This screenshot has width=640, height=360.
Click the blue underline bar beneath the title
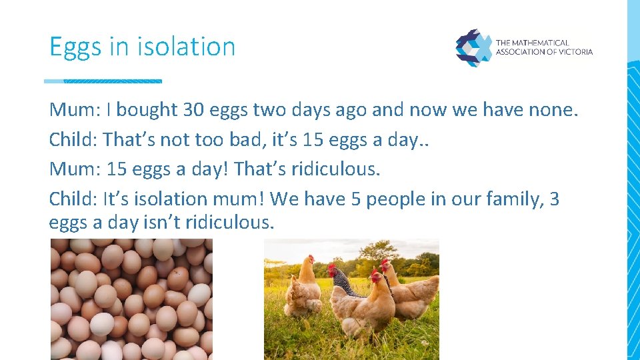coord(103,81)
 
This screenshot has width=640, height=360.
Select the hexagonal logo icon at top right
coord(473,47)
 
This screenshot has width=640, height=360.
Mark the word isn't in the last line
coord(163,222)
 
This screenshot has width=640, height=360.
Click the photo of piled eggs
coord(131,299)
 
